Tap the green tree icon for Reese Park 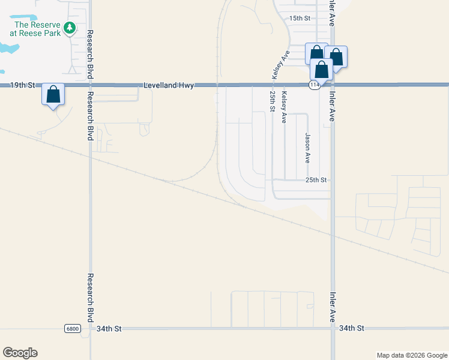[70, 27]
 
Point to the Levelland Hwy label [169, 86]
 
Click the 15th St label [299, 18]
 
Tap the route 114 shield [314, 86]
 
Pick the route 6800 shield [73, 329]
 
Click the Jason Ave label [307, 148]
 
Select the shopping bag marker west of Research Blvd [53, 95]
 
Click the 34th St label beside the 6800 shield [109, 329]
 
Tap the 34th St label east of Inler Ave [352, 329]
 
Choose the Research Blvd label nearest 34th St [90, 298]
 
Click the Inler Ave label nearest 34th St [332, 307]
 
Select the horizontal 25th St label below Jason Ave [316, 179]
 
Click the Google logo [20, 353]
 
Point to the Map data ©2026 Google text [412, 355]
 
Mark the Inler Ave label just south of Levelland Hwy [332, 107]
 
